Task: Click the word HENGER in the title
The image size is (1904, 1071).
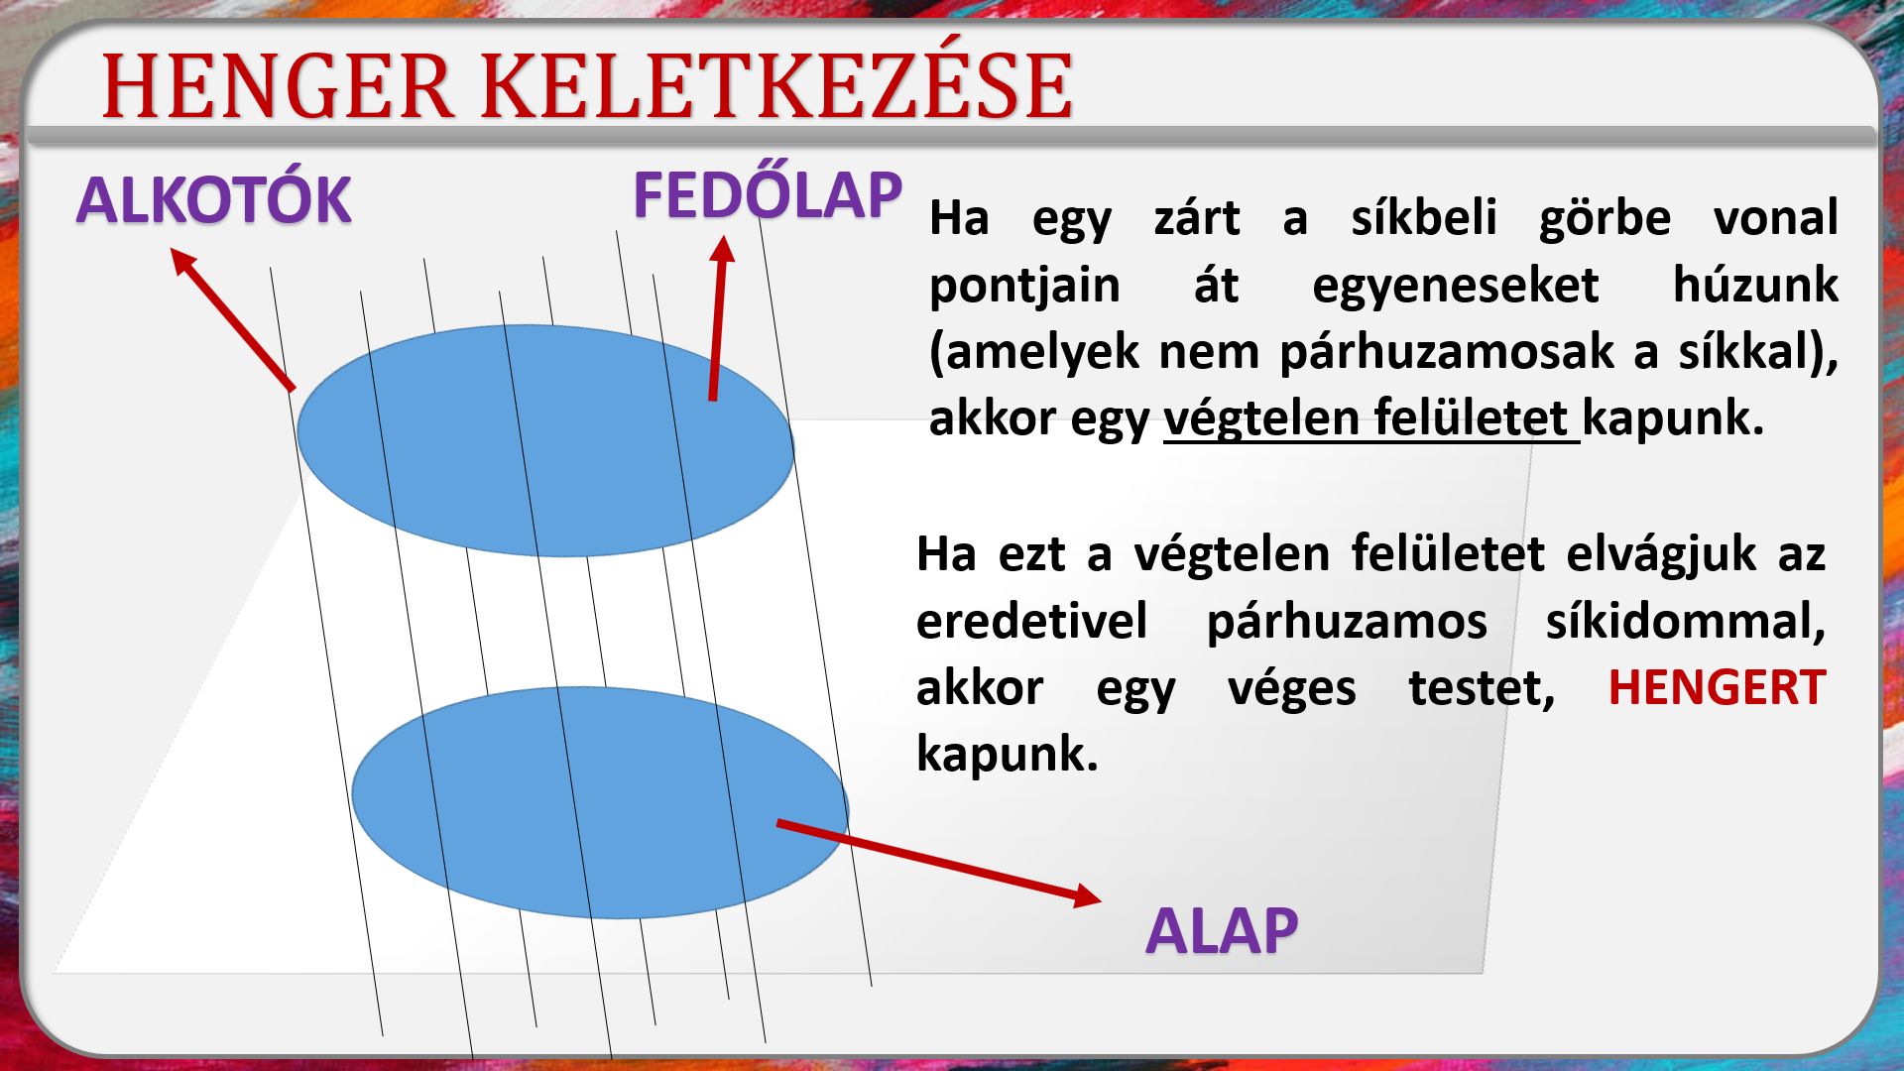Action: coord(279,86)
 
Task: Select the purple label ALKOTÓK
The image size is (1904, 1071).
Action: coord(213,199)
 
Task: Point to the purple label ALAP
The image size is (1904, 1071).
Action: coord(1222,930)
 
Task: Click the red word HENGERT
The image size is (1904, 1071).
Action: coord(1717,687)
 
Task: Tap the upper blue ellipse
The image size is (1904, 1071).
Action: coord(545,440)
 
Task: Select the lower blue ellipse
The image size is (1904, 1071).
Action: coord(600,802)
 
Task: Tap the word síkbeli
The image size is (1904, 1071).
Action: coord(1423,217)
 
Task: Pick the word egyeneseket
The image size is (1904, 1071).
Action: coord(1455,286)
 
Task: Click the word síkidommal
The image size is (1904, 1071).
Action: coord(1685,622)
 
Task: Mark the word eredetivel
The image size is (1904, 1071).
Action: coord(1031,622)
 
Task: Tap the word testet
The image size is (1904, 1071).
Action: coord(1482,689)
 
